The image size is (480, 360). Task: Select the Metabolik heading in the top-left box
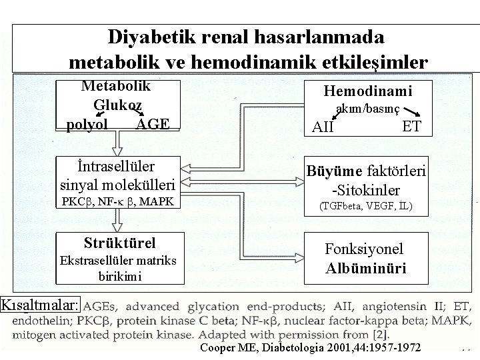[x=116, y=85]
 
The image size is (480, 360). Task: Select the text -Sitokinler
[x=367, y=190]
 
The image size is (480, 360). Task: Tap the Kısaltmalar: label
[x=41, y=305]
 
